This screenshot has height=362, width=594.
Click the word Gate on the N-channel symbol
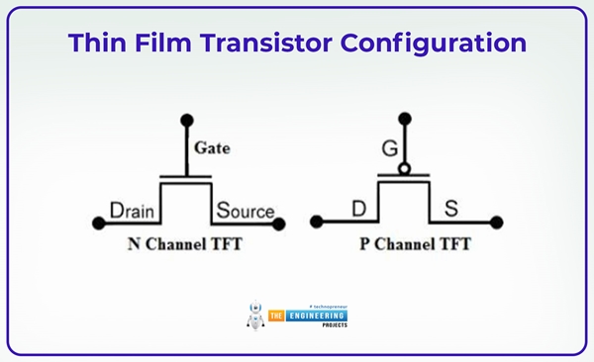coord(213,148)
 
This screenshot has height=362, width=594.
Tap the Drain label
coord(131,211)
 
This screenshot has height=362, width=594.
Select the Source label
coord(245,211)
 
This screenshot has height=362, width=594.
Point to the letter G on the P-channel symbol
coord(387,151)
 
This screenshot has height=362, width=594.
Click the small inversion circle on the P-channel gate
coord(403,169)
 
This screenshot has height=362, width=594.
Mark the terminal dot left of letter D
coord(317,222)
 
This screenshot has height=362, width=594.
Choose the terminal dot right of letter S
coord(496,222)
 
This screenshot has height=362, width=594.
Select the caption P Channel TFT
coord(407,242)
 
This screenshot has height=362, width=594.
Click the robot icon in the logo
coord(253,315)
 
